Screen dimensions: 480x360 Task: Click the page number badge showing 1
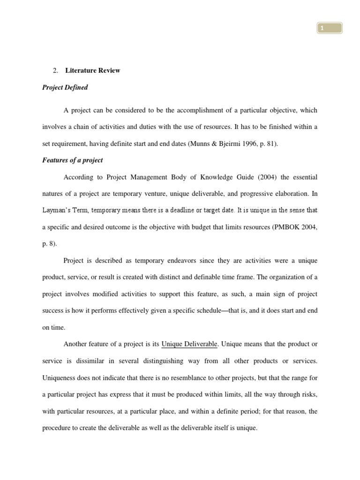click(x=329, y=29)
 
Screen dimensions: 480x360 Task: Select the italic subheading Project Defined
click(x=65, y=88)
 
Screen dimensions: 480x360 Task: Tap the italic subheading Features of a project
click(x=72, y=160)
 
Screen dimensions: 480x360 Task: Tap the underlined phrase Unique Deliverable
click(x=189, y=344)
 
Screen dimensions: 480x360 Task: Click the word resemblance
click(x=184, y=378)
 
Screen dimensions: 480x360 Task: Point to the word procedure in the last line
click(x=58, y=428)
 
